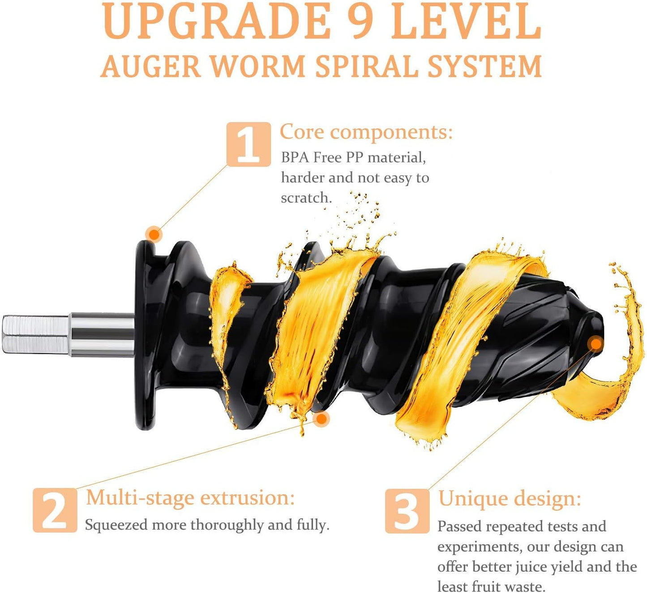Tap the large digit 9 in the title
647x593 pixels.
[361, 22]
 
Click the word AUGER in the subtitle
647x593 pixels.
[150, 66]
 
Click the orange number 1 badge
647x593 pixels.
[249, 144]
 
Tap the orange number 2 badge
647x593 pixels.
[55, 510]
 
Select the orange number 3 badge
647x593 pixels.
[407, 511]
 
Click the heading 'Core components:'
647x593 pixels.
[366, 132]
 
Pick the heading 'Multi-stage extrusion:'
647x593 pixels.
[190, 498]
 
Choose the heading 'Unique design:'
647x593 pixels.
[509, 498]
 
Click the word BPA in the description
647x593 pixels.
[295, 158]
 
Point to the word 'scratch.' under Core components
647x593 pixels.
[306, 198]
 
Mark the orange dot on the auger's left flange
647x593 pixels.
[154, 234]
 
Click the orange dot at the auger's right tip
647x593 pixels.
[596, 344]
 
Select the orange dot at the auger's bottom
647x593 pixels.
[321, 419]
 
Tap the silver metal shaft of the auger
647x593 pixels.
[67, 334]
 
